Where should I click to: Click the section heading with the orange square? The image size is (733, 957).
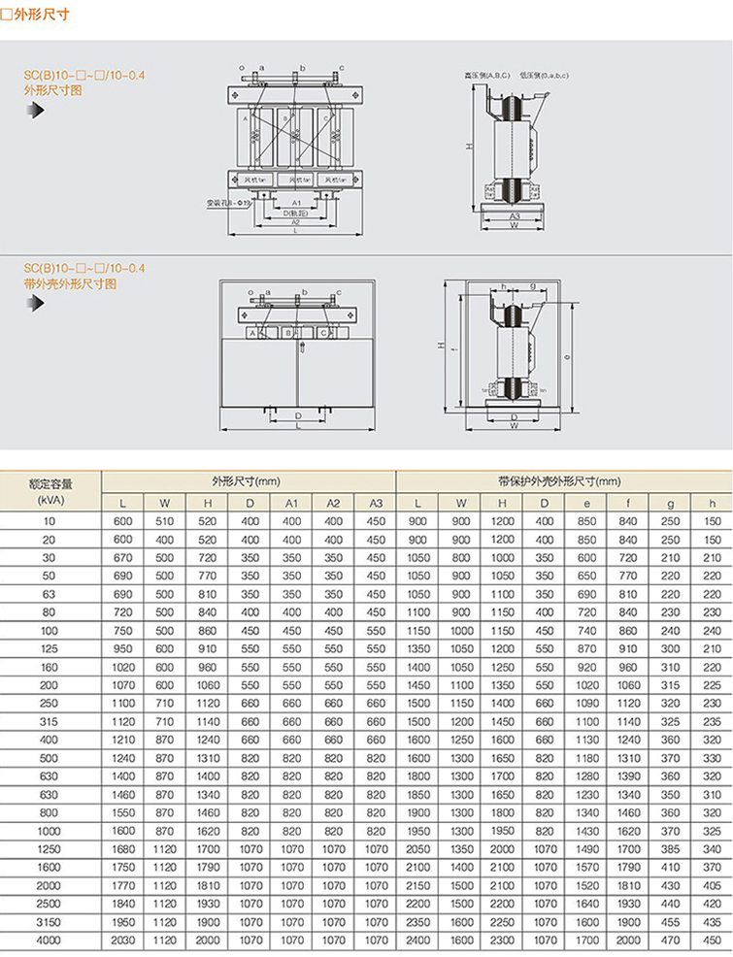click(x=39, y=16)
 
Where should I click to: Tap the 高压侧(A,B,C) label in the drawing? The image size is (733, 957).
click(x=486, y=75)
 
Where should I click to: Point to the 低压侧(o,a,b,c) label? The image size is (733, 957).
click(x=545, y=75)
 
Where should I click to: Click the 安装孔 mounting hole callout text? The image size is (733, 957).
click(x=228, y=203)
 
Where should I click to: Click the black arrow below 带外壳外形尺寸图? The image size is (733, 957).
click(x=36, y=303)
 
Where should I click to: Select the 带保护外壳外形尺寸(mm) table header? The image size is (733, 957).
click(x=558, y=480)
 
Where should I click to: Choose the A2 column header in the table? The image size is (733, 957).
click(x=333, y=502)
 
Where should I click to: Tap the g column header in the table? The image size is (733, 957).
click(x=669, y=502)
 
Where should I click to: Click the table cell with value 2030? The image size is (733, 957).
click(x=123, y=940)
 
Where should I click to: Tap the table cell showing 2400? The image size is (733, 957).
click(x=418, y=940)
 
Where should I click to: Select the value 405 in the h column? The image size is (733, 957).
click(x=712, y=884)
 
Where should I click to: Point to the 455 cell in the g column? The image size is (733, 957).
click(x=669, y=921)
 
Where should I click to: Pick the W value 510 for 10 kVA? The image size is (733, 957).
click(x=165, y=521)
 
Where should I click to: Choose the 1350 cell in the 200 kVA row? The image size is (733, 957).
click(x=503, y=684)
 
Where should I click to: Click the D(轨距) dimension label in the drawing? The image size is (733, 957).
click(x=295, y=212)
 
